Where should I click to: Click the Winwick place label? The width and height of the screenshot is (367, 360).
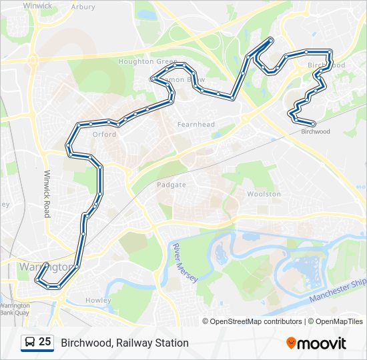pos(37,5)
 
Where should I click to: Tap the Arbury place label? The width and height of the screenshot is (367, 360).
pos(83,7)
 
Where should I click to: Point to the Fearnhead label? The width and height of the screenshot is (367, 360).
pos(196,125)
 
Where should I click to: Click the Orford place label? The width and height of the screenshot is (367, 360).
pos(104,134)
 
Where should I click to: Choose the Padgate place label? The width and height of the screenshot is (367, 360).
pos(171,185)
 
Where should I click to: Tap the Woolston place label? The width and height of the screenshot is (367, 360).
pos(264,193)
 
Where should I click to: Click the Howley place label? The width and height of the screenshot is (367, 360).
pos(98,300)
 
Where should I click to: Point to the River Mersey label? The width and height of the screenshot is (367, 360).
pos(185,263)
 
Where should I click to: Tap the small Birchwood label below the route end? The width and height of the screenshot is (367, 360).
pos(316,131)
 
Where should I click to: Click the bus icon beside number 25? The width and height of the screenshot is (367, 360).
pos(29,342)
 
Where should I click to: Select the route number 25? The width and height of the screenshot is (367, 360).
pos(45,342)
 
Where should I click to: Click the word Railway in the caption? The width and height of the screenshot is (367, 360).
pos(136,343)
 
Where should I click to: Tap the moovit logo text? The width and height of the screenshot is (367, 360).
pos(322,343)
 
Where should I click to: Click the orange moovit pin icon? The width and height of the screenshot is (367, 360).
pos(291,343)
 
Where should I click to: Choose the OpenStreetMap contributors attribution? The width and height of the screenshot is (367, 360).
pos(256,321)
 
